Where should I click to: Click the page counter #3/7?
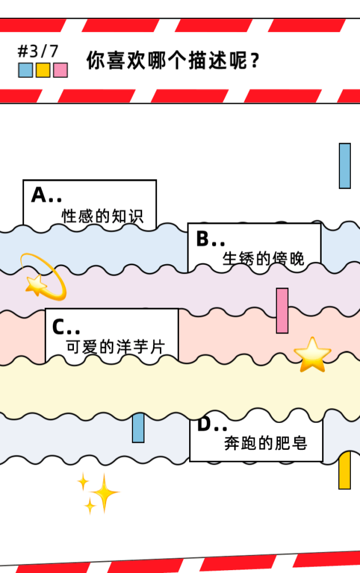[x=38, y=52]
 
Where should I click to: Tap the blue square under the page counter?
[x=25, y=70]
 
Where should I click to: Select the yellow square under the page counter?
[x=43, y=70]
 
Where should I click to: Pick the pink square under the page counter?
[x=60, y=70]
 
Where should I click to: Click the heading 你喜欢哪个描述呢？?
[x=173, y=60]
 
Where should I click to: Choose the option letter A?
[x=39, y=195]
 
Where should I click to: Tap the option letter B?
[x=203, y=239]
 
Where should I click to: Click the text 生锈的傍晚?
[x=264, y=260]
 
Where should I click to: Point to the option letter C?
[x=59, y=327]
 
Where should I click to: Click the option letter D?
[x=205, y=425]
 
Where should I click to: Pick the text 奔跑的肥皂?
[x=265, y=443]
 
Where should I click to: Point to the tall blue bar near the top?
[x=345, y=166]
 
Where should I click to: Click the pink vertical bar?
[x=282, y=311]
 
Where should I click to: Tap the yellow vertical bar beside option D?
[x=345, y=472]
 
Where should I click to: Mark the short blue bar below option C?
[x=138, y=428]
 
